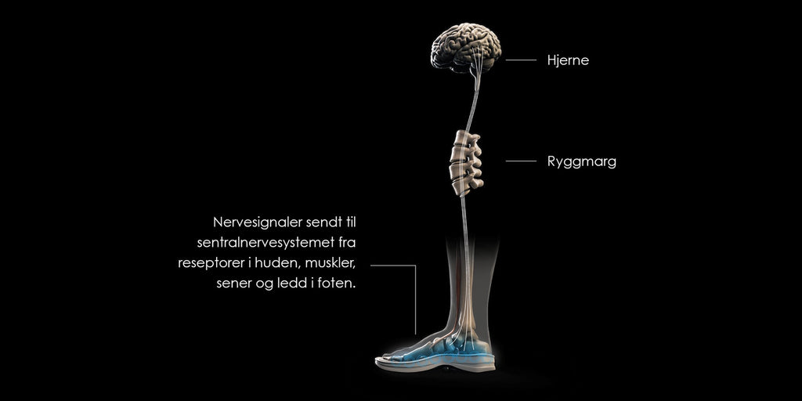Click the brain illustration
(465, 48)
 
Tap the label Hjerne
(568, 60)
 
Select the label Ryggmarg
(582, 162)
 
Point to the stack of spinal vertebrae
(465, 164)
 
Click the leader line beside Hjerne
(521, 60)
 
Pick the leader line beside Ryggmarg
(521, 161)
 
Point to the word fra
(347, 243)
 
